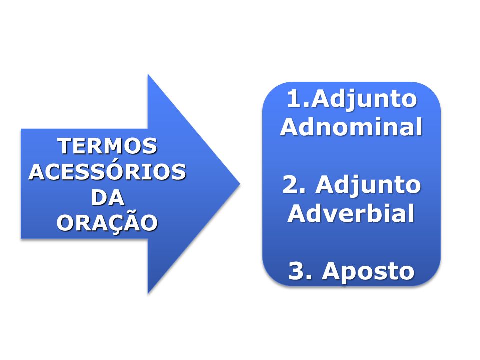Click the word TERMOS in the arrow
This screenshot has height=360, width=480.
pyautogui.click(x=107, y=146)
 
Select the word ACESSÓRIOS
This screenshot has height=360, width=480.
pyautogui.click(x=107, y=171)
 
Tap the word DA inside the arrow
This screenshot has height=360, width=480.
pyautogui.click(x=108, y=197)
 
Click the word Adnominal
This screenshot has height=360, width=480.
pyautogui.click(x=351, y=126)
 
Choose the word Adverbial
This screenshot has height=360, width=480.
pyautogui.click(x=351, y=213)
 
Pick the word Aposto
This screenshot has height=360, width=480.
pyautogui.click(x=368, y=271)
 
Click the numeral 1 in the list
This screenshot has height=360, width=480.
pyautogui.click(x=294, y=99)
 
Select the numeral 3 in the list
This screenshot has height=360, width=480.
pyautogui.click(x=296, y=271)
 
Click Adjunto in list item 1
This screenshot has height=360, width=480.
pyautogui.click(x=364, y=100)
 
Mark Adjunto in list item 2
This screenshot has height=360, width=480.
pyautogui.click(x=368, y=186)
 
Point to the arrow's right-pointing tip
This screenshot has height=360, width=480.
pyautogui.click(x=240, y=184)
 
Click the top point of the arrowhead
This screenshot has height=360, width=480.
pyautogui.click(x=148, y=74)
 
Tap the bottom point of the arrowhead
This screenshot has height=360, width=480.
pyautogui.click(x=148, y=294)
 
